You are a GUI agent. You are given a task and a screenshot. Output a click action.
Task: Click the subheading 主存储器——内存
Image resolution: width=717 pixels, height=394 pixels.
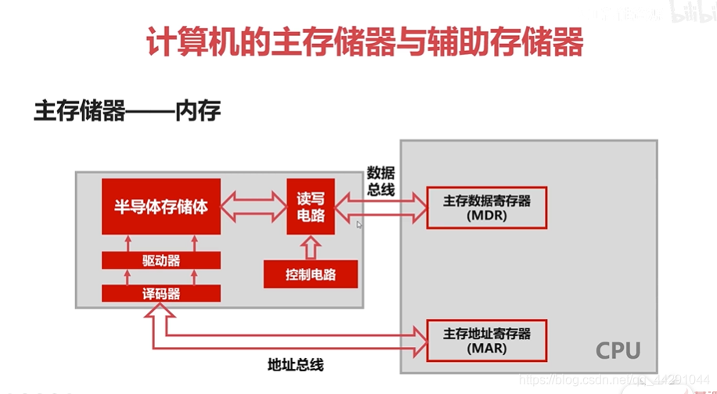coord(127,110)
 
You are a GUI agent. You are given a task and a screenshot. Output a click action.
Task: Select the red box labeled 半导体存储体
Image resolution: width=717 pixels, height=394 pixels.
coord(161,207)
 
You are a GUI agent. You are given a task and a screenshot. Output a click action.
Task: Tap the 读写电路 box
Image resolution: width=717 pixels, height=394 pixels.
coord(310,206)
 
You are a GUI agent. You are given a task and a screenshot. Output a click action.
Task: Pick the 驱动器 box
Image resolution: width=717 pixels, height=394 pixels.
coord(161,261)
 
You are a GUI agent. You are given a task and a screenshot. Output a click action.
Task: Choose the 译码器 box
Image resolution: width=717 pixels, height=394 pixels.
coord(161,294)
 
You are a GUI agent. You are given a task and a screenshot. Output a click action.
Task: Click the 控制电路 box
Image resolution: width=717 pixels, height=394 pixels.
coord(310,274)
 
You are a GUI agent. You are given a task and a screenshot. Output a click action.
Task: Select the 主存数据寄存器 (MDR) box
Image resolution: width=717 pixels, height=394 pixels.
coord(486,208)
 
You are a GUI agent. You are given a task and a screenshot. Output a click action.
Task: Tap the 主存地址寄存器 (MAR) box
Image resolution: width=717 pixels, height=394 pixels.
coord(486,339)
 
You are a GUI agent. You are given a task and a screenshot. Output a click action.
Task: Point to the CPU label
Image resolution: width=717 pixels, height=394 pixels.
coord(618,350)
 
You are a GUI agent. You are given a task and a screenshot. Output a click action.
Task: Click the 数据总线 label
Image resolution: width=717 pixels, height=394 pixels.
coord(381,181)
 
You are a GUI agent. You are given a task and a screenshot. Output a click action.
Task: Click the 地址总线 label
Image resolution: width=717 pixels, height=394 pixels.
coord(295,364)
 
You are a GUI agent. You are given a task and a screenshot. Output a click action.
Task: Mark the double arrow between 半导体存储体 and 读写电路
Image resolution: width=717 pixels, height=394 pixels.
coord(253,208)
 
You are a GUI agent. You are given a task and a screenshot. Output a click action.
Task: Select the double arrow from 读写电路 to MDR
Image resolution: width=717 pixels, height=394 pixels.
coord(380,206)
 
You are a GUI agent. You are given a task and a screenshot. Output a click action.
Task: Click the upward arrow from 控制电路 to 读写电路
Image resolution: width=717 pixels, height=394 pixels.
coord(310,247)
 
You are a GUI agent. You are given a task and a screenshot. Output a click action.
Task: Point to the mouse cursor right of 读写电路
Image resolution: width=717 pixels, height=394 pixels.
coord(359,225)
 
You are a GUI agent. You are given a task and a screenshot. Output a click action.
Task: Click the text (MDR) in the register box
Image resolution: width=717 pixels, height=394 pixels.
coord(486,215)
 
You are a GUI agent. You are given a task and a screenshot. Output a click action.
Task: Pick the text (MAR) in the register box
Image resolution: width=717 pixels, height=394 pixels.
coord(486,347)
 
